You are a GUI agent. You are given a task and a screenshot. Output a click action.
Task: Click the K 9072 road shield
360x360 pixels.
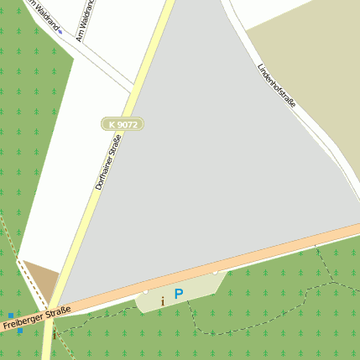[x=123, y=124]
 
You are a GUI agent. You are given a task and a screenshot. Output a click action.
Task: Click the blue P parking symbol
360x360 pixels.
[x=178, y=294]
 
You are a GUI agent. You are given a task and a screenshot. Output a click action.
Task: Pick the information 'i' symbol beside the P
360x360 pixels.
[x=163, y=300]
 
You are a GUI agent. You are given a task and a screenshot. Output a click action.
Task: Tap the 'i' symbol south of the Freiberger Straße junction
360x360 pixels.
[x=55, y=334]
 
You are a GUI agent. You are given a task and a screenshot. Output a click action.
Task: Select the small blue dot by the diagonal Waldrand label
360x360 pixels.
[x=60, y=32]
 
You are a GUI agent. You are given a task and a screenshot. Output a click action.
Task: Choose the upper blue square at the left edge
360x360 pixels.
[x=11, y=316]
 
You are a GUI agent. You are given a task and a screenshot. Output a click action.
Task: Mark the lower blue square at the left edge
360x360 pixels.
[x=19, y=331]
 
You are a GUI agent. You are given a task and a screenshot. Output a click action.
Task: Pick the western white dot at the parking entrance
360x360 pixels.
[x=145, y=291]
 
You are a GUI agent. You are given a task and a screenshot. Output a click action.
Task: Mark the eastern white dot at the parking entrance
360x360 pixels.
[x=215, y=273]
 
